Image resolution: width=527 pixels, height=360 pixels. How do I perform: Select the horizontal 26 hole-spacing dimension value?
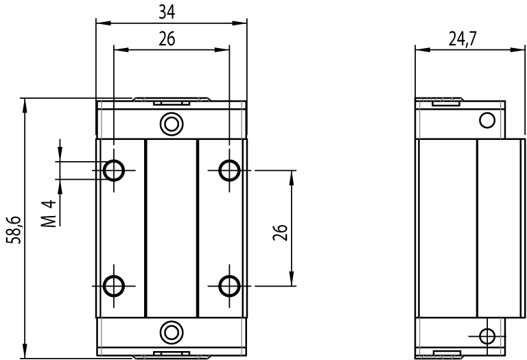[166, 39]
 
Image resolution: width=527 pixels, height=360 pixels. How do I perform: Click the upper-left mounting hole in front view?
[113, 169]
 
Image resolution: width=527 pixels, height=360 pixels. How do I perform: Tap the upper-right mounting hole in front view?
[228, 169]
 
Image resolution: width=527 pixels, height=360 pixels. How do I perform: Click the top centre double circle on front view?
[170, 124]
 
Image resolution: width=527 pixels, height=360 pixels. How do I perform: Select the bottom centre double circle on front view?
[170, 331]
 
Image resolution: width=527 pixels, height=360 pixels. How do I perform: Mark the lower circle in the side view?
[487, 336]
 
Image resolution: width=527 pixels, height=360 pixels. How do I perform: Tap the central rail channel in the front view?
[171, 228]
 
